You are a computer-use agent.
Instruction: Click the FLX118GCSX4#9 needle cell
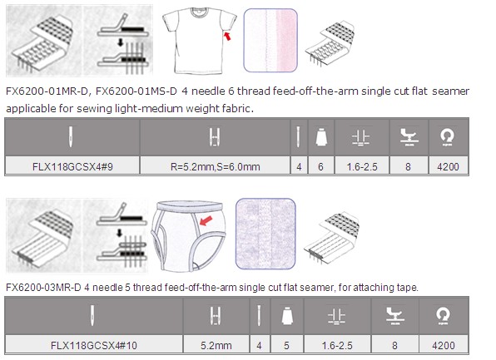tap(72, 166)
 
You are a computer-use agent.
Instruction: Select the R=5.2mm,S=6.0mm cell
tap(215, 166)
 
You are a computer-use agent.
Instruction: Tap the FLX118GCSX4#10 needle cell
tap(94, 345)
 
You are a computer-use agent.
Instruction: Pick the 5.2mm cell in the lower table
tap(216, 345)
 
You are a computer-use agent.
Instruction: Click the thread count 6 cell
tap(320, 166)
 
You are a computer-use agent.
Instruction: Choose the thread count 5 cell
tap(286, 345)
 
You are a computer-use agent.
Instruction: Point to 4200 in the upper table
tap(448, 166)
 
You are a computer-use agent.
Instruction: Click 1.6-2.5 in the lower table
tap(337, 345)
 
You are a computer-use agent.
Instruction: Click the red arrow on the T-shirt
tap(227, 36)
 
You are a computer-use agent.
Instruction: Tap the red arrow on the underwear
tap(206, 220)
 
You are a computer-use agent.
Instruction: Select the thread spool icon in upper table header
tap(321, 137)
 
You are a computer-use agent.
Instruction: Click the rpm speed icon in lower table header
tap(443, 316)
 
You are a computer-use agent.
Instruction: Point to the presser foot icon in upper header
tap(409, 137)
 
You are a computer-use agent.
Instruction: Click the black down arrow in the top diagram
tap(120, 42)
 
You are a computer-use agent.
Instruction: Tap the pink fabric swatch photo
tap(270, 40)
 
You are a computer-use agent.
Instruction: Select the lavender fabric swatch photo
tap(265, 234)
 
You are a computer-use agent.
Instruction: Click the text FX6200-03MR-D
tap(43, 288)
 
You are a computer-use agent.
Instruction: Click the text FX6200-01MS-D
tap(136, 91)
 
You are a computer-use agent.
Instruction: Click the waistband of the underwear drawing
tap(189, 207)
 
